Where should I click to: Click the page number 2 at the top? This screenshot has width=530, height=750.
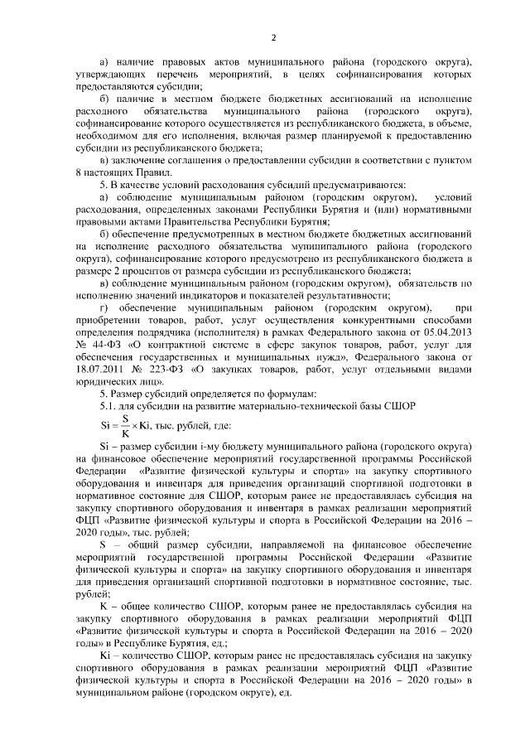coord(272,36)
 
